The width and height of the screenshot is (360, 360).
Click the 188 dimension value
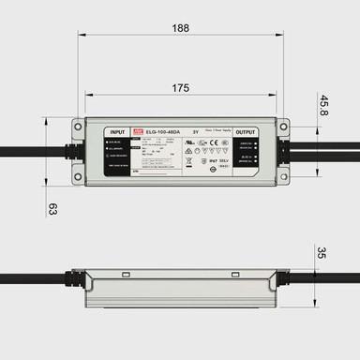coord(181,28)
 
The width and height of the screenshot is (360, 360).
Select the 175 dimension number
coord(181,87)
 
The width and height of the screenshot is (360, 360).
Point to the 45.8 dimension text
coord(324,105)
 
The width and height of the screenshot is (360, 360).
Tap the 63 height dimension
coord(52,207)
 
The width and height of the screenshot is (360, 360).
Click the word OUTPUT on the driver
coord(246,132)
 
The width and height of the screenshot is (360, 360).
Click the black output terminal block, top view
coord(247,154)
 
